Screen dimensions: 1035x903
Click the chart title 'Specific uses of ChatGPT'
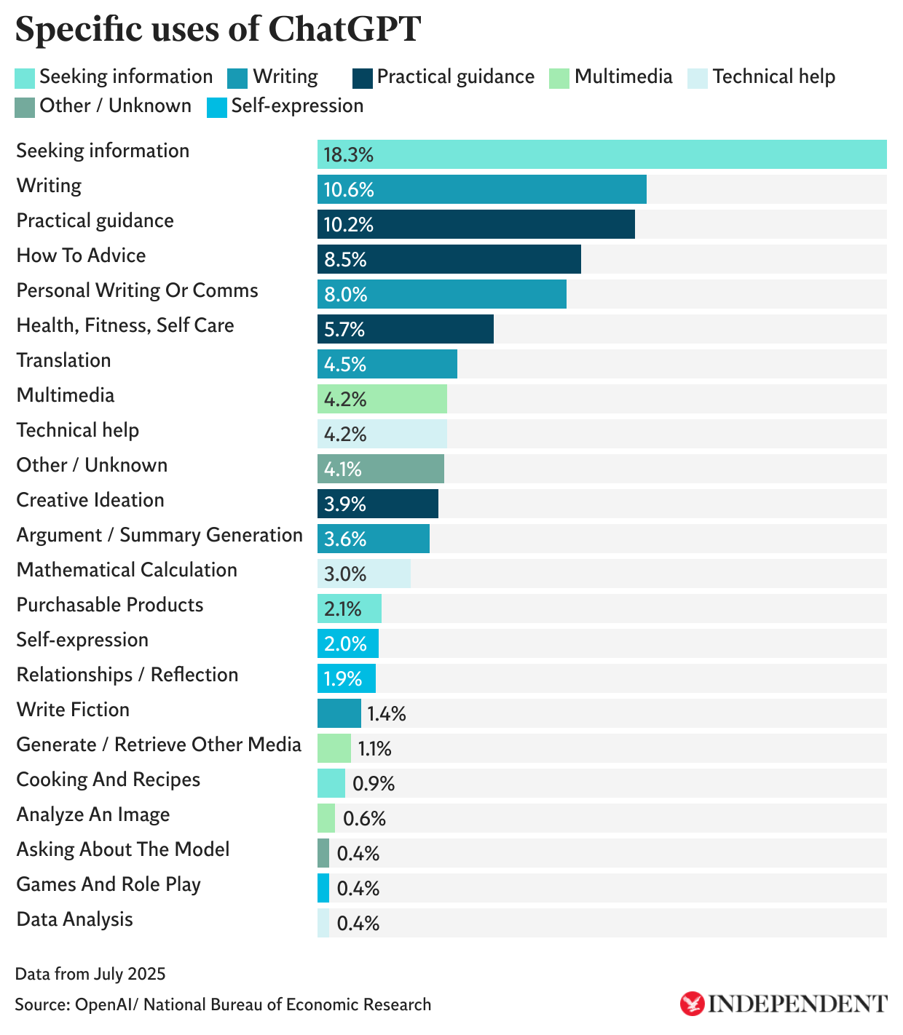tap(218, 30)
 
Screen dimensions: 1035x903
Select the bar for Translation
tap(387, 364)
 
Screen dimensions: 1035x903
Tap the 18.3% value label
tap(348, 154)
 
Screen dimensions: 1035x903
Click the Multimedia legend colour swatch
tap(559, 78)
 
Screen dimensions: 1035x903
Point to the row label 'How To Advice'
tap(81, 255)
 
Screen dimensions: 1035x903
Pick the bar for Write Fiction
tap(339, 713)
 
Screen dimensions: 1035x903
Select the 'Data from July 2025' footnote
tap(90, 974)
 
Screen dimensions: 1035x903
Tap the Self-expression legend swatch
tap(217, 107)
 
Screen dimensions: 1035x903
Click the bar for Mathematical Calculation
tap(363, 574)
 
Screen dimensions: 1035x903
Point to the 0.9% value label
tap(374, 784)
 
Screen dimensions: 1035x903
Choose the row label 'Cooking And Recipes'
tap(109, 780)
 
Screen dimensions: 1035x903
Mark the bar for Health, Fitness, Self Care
tap(405, 329)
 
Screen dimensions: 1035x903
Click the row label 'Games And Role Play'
tap(109, 884)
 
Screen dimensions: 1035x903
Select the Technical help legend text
tap(773, 77)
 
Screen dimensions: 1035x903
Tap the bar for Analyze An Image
tap(326, 818)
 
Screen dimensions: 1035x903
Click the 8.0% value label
tap(345, 294)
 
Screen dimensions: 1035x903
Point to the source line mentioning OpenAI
tap(223, 1005)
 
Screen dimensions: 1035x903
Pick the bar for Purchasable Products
tap(349, 608)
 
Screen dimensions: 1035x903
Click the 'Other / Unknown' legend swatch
tap(25, 107)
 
